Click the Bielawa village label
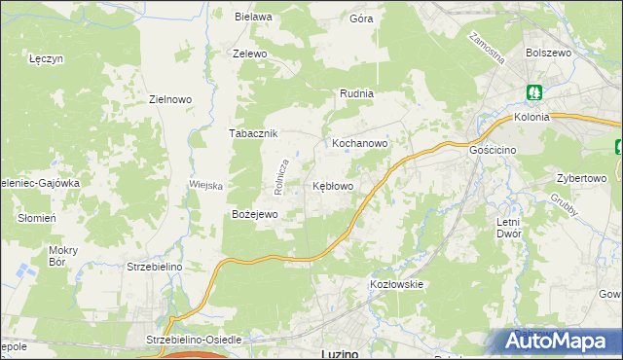[x=252, y=17]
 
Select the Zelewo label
[x=249, y=54]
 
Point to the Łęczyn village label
[x=46, y=58]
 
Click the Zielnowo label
[x=169, y=98]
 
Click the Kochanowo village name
[x=360, y=142]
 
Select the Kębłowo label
[x=332, y=185]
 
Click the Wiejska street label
[x=206, y=185]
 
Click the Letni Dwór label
[x=508, y=228]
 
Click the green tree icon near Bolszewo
[x=534, y=93]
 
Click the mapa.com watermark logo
[x=556, y=341]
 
